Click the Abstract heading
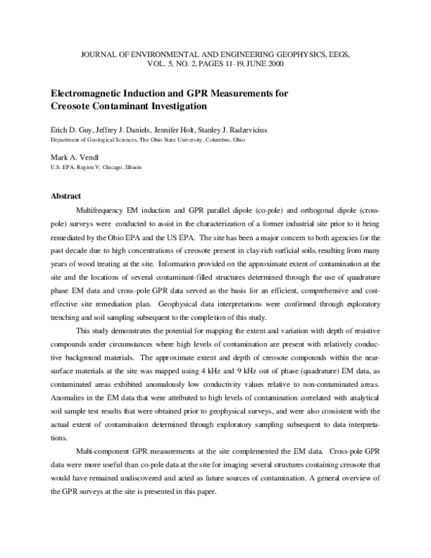pyautogui.click(x=65, y=196)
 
